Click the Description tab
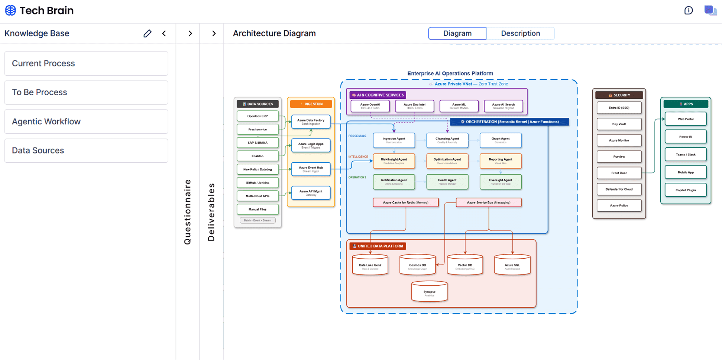click(x=520, y=33)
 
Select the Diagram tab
click(x=457, y=33)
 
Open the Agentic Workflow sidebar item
click(x=86, y=121)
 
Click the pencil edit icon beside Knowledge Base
click(x=148, y=33)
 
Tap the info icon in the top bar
click(x=688, y=10)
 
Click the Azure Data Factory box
click(x=311, y=121)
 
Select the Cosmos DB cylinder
click(x=417, y=265)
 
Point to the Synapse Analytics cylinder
click(x=429, y=292)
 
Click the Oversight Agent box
click(x=500, y=182)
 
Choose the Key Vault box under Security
click(x=619, y=124)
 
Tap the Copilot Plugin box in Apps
click(x=685, y=190)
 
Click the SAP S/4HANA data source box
click(x=258, y=143)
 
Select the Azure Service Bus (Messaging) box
click(x=488, y=202)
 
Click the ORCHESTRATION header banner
click(x=509, y=121)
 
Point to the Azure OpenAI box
click(x=370, y=106)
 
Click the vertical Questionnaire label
click(x=188, y=212)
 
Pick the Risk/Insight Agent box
click(x=394, y=161)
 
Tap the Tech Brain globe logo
click(x=10, y=10)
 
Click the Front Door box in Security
click(x=619, y=173)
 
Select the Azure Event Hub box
click(x=311, y=169)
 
